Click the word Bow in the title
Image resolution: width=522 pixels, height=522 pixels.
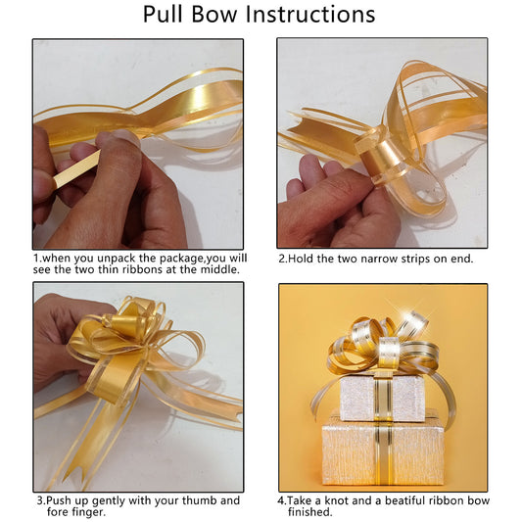tap(214, 15)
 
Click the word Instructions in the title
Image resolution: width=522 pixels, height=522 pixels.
tap(309, 15)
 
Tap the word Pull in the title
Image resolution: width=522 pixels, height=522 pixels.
tap(163, 15)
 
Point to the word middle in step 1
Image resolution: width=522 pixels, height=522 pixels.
tap(219, 269)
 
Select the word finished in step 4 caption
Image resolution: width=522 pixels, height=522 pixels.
tap(309, 511)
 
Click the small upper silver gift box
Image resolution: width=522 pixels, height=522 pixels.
tap(383, 398)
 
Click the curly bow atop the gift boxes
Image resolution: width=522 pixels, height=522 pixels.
tap(383, 347)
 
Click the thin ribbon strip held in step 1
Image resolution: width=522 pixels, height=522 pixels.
tap(77, 169)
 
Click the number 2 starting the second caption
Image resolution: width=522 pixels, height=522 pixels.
tap(282, 259)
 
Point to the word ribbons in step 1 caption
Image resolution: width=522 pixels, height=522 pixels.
tap(143, 269)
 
